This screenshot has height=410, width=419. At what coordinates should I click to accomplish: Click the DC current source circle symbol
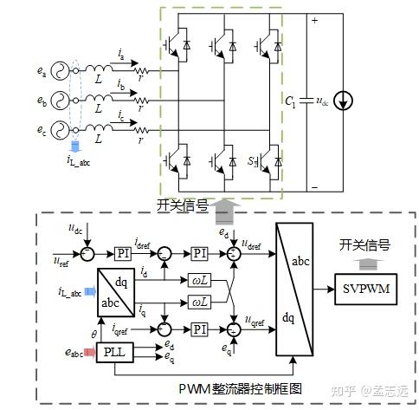tap(345, 101)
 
